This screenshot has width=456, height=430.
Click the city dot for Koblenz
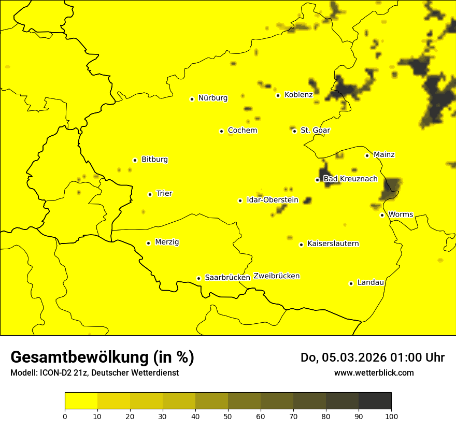(278, 95)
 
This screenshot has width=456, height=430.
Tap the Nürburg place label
(212, 98)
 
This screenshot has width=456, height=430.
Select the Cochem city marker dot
(221, 131)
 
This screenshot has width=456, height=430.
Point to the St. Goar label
(315, 131)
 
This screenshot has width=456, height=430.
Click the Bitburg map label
(154, 160)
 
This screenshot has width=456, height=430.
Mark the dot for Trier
(150, 194)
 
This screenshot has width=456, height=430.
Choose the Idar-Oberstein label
(273, 200)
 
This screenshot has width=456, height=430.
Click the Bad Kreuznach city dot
(317, 180)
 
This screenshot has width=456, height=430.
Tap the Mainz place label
(384, 155)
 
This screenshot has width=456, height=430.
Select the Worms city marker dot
(382, 215)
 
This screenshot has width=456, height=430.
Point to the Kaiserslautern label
(333, 244)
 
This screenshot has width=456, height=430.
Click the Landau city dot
(351, 283)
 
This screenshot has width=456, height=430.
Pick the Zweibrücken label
(277, 276)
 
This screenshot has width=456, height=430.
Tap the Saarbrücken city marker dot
(198, 278)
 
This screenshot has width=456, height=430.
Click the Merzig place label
(167, 242)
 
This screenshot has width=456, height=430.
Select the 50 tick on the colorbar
(228, 415)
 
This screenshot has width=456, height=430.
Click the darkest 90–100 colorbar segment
(375, 401)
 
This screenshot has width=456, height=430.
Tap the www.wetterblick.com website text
(374, 372)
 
